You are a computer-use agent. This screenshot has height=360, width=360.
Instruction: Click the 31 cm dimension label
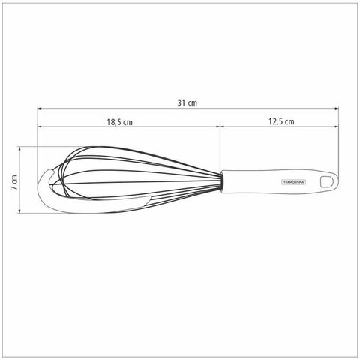187,103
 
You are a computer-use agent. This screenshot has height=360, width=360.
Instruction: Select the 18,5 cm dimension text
120,122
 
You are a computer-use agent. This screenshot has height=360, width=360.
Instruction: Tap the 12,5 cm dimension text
281,121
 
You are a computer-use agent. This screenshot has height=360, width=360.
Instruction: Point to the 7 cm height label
14,182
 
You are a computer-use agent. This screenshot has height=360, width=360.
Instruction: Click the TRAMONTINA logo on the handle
294,182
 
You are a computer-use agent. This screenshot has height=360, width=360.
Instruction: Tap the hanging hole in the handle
325,181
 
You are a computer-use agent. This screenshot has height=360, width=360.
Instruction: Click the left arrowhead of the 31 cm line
40,109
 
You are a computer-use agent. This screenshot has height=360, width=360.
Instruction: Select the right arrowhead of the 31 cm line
337,109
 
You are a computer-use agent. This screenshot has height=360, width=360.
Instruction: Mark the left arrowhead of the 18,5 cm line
40,127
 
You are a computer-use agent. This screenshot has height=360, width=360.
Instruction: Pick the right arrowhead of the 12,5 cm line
337,127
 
